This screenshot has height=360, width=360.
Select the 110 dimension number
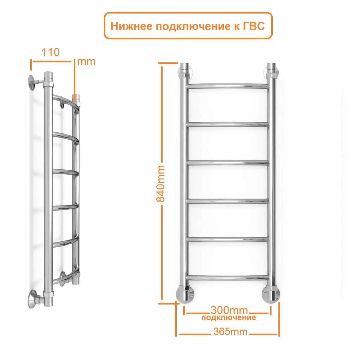[x=50, y=52]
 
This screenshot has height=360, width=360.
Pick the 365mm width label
[x=230, y=332]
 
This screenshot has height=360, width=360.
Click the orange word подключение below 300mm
[x=229, y=317]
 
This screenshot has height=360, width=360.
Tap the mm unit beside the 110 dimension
[x=86, y=62]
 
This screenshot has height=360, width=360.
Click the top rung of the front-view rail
[x=228, y=86]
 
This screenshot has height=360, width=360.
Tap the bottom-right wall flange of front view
[x=271, y=294]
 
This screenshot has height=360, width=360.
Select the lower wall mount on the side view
[x=34, y=298]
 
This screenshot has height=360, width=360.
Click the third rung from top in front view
[x=228, y=163]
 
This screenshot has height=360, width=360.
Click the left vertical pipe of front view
[x=183, y=180]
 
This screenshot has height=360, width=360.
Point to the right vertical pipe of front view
[x=272, y=180]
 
